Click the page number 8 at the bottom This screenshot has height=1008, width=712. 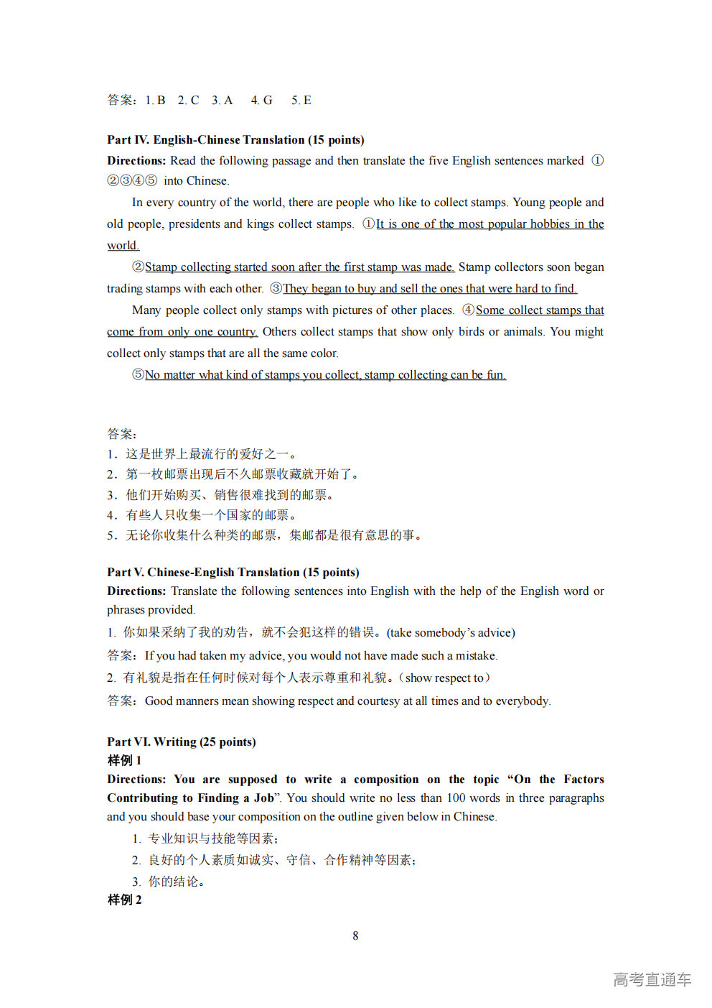355,935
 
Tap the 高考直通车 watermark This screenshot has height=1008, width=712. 652,979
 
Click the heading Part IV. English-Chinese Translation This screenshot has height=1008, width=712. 235,140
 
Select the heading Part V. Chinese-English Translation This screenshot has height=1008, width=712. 233,573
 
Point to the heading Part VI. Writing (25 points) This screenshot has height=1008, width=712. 181,742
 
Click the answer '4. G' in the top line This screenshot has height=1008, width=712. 261,101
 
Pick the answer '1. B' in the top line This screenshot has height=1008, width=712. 155,101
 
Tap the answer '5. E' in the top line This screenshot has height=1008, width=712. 301,101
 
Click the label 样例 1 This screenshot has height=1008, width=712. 124,761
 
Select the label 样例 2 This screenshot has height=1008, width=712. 124,900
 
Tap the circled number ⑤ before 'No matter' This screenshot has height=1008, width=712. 139,375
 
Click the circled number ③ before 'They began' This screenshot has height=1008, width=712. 276,289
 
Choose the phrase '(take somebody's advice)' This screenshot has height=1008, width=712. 451,633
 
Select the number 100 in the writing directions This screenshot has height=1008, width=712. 456,798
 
